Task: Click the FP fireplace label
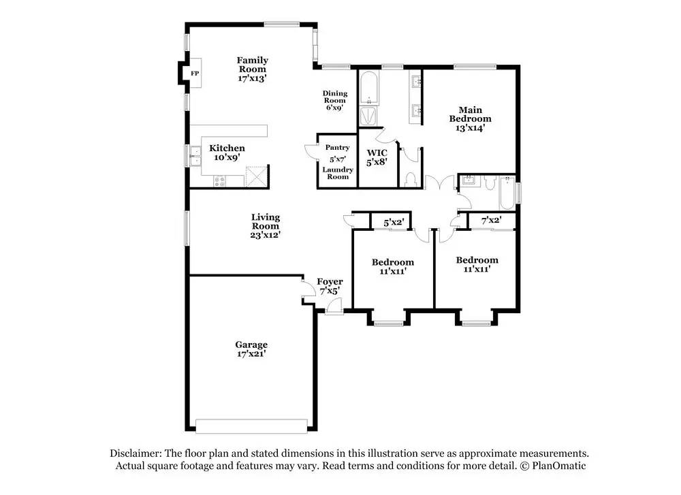coord(195,74)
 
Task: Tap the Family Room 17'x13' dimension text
coord(252,78)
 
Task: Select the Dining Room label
coord(335,97)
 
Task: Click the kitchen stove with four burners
coord(220,181)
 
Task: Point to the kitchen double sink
coord(195,156)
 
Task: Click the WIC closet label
coord(377,153)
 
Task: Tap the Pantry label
coord(338,148)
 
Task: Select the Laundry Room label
coord(338,173)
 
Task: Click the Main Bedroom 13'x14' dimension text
coord(470,127)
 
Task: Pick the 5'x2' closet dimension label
coord(394,223)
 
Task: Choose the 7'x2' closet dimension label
coord(491,220)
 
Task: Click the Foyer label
coord(330,282)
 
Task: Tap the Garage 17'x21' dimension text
coord(251,354)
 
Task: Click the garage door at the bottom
coord(251,426)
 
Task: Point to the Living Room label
coord(266,221)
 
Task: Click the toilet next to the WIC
coord(409,178)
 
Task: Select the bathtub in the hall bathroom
coord(507,193)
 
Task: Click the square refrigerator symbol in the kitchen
coord(257,176)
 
